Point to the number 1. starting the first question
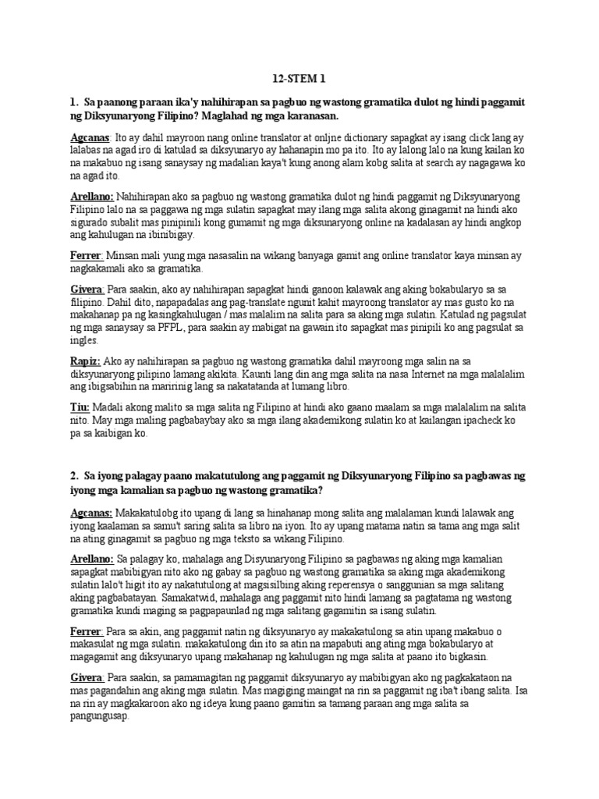click(x=73, y=102)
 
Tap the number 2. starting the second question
click(x=73, y=475)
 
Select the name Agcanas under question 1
click(x=90, y=137)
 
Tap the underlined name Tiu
click(x=79, y=407)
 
